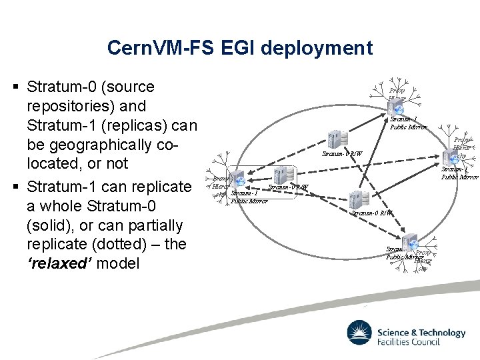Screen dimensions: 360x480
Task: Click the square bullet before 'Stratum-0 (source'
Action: tap(16, 87)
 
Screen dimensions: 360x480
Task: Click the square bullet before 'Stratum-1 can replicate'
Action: tap(16, 186)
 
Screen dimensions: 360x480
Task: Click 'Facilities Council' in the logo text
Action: tap(408, 343)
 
